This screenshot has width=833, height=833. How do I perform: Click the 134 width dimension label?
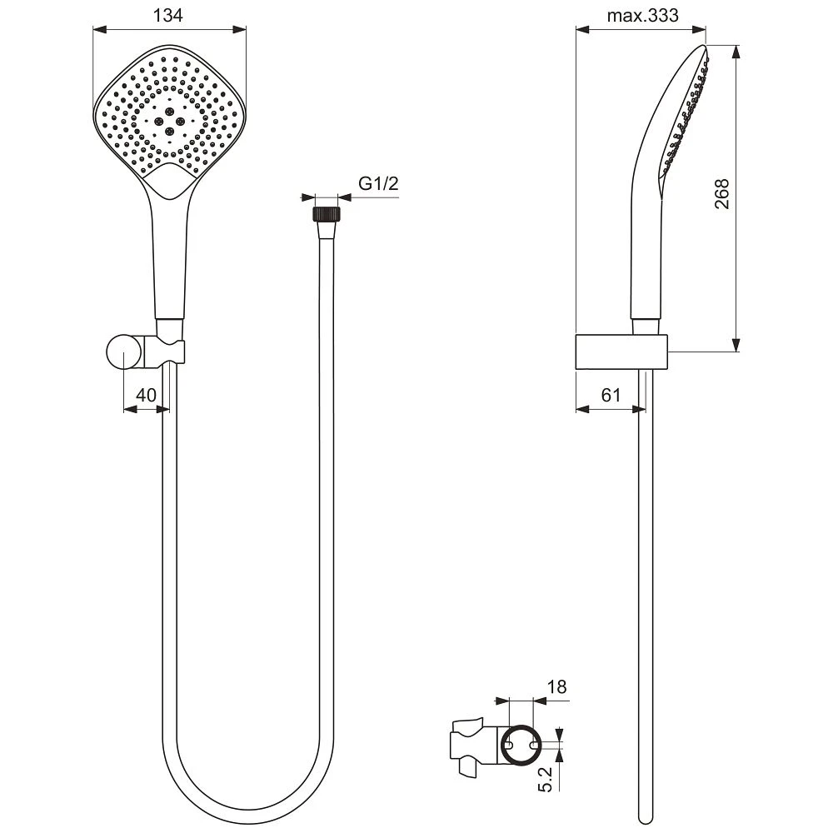pyautogui.click(x=169, y=14)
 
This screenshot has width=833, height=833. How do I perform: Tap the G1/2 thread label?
pyautogui.click(x=377, y=184)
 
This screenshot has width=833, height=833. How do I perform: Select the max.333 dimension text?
pyautogui.click(x=641, y=14)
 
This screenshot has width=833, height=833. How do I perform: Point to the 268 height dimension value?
pyautogui.click(x=722, y=194)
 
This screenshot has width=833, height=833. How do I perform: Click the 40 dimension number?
pyautogui.click(x=146, y=396)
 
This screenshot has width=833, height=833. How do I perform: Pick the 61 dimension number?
pyautogui.click(x=611, y=396)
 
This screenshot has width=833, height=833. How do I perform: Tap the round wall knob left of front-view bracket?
pyautogui.click(x=123, y=352)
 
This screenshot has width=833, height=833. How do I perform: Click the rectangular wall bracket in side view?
pyautogui.click(x=622, y=352)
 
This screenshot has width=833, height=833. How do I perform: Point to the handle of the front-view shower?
pyautogui.click(x=171, y=258)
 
